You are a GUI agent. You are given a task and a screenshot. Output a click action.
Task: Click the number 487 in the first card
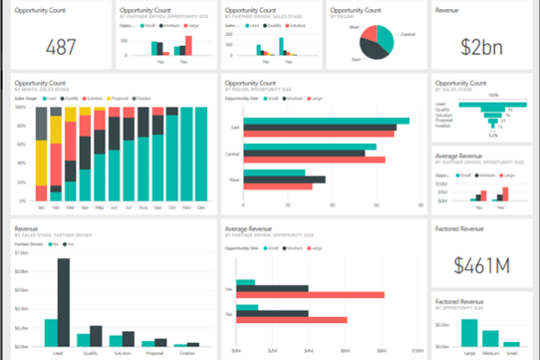(x=61, y=47)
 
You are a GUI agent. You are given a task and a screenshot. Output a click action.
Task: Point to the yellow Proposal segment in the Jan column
(x=41, y=148)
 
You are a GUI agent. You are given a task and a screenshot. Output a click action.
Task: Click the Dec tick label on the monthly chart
(x=201, y=207)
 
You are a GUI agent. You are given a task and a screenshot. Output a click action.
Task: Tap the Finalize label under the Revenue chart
(x=188, y=355)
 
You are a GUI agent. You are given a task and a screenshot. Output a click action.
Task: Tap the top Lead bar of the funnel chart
(x=492, y=103)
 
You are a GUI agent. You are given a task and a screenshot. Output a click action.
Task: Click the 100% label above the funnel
(x=492, y=94)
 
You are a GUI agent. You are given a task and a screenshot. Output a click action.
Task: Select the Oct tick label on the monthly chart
(x=170, y=207)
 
